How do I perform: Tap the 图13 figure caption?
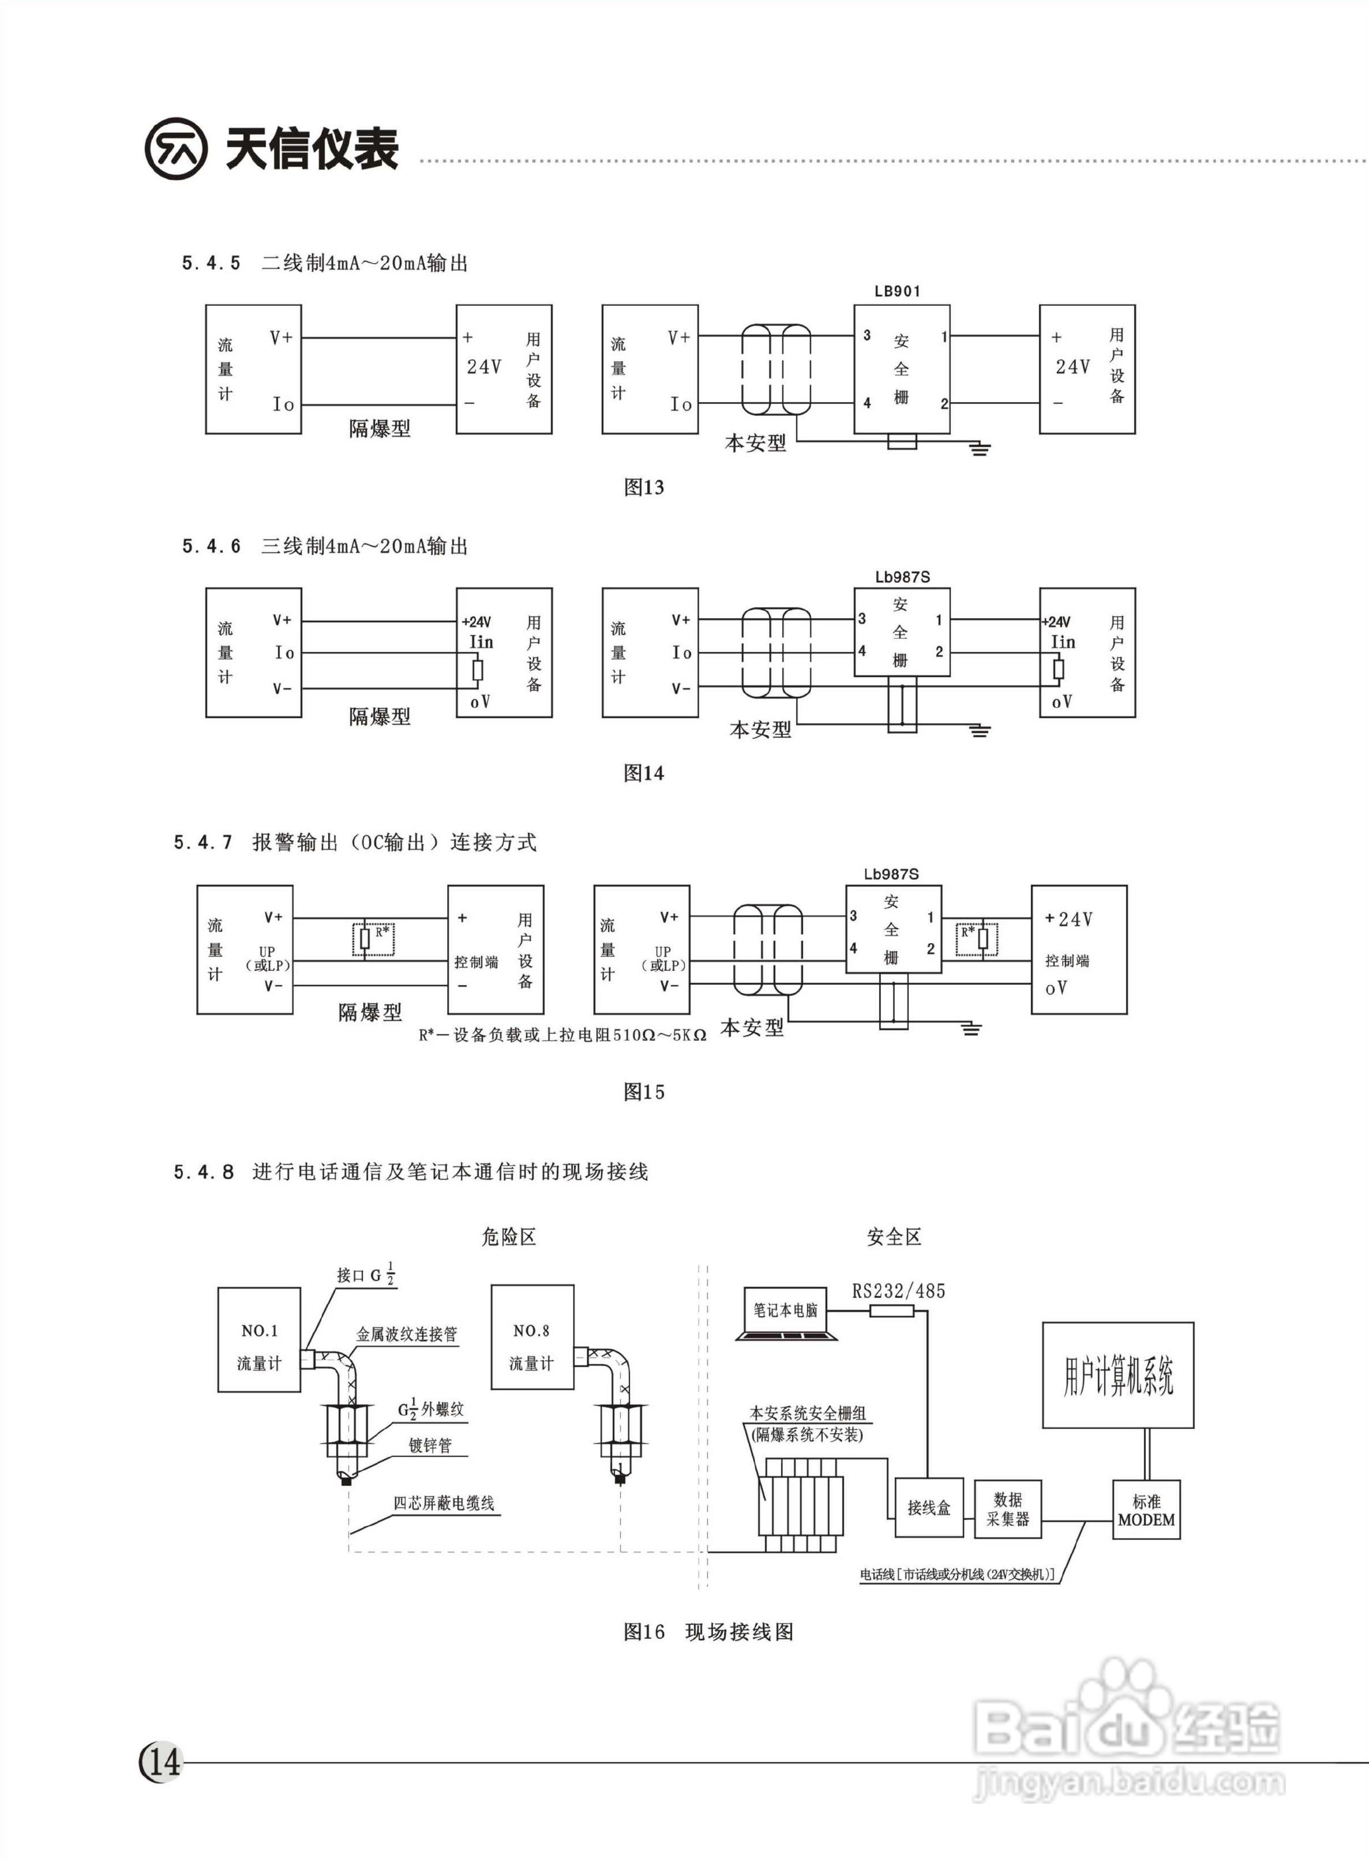coord(644,487)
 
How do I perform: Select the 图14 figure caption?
coord(644,773)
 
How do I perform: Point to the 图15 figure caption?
coord(644,1092)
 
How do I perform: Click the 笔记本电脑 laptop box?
coord(786,1310)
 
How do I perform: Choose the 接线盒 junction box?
coord(928,1508)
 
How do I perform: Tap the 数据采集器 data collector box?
coord(1008,1508)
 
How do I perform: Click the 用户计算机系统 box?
coord(1118,1375)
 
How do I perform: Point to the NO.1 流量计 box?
coord(260,1339)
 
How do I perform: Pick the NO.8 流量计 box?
coord(532,1337)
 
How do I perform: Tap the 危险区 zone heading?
coord(509,1237)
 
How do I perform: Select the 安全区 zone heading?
coord(894,1237)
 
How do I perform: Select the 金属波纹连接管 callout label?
coord(407,1334)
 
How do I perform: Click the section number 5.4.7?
coord(203,843)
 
